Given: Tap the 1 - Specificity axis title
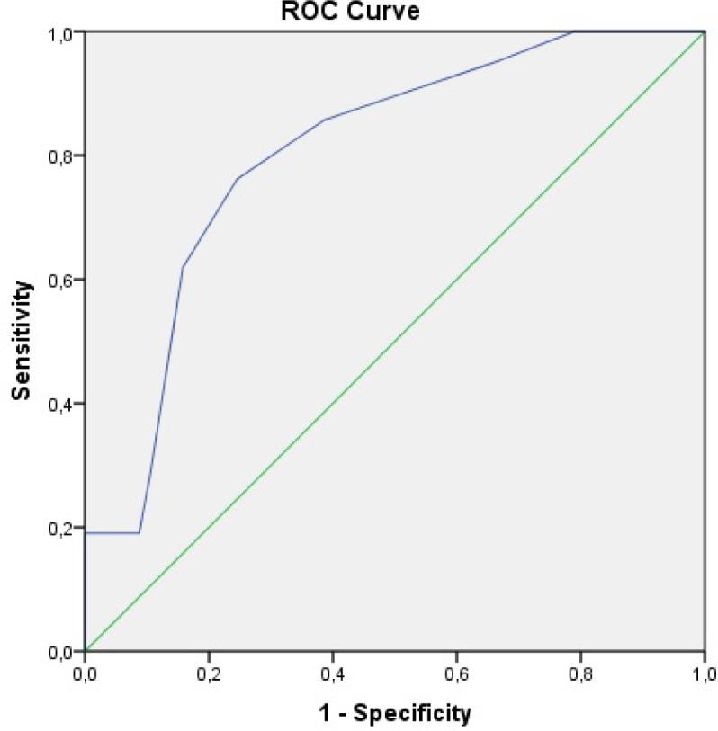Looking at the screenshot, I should point(394,714).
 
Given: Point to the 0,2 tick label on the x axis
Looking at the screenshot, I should point(208,672).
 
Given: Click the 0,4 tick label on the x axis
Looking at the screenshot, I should point(332,672).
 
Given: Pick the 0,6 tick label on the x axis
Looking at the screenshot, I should point(456,672).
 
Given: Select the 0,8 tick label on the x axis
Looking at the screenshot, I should point(580,672).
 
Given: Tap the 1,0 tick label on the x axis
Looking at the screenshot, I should point(703,672).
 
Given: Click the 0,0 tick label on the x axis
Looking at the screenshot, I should point(85,672).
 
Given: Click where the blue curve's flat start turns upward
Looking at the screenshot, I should point(139,532).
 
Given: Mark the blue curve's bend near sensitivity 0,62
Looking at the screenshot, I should point(183,267).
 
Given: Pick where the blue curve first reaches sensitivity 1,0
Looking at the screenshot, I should point(574,31).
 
